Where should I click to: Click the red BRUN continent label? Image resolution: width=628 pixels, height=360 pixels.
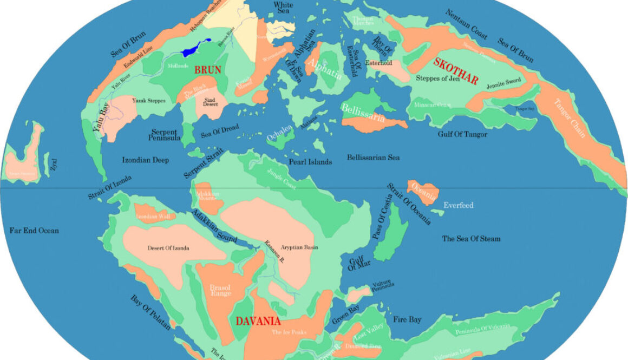[208, 70]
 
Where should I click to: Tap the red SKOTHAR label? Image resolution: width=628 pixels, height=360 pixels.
[455, 71]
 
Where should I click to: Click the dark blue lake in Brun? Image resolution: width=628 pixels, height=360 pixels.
[194, 49]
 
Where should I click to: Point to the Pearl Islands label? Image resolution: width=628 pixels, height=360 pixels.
[311, 162]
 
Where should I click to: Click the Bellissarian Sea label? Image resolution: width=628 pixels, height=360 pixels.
[373, 158]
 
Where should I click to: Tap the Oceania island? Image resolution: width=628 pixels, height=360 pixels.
[423, 193]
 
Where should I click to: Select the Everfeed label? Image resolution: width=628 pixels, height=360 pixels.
[458, 205]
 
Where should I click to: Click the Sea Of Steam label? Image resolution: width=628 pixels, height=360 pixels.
[471, 238]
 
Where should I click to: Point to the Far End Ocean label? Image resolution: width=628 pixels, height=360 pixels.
[34, 231]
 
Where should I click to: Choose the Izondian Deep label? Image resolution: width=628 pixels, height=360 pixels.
[145, 160]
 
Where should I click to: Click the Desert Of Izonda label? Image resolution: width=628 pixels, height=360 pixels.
[168, 248]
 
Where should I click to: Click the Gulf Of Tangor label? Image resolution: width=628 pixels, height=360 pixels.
[462, 134]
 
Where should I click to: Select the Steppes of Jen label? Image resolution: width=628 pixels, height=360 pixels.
[437, 78]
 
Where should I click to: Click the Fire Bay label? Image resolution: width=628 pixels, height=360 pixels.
[407, 319]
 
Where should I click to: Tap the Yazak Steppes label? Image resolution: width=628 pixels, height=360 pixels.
[148, 101]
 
